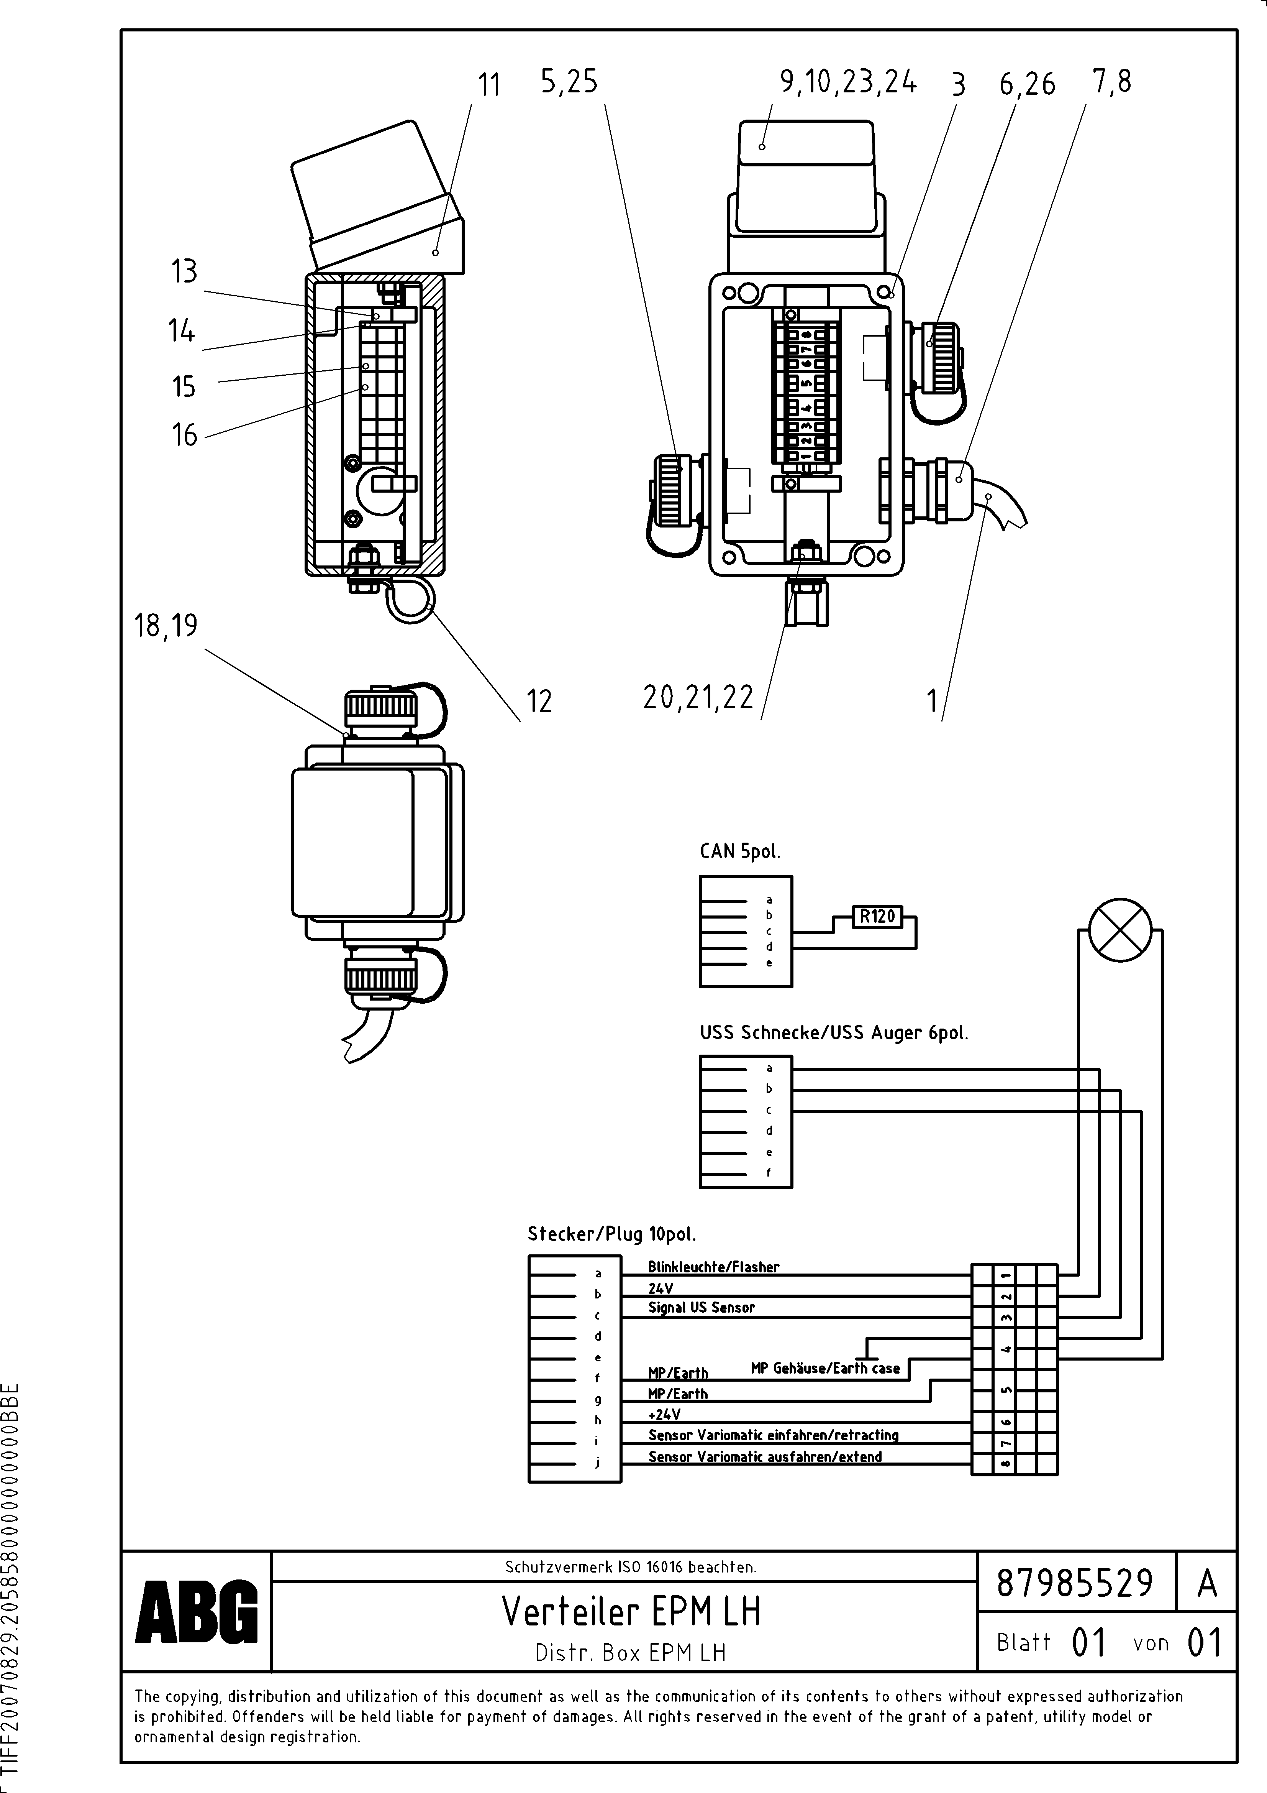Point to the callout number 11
tap(489, 84)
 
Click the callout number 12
tap(539, 701)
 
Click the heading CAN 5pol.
tap(739, 851)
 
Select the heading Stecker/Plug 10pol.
tap(611, 1234)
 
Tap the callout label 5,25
tap(569, 81)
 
